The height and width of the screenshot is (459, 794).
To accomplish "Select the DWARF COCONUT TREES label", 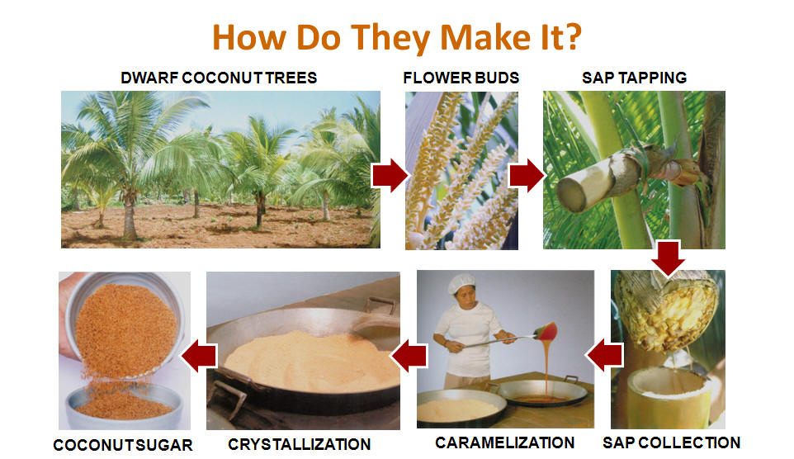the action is coord(219,78).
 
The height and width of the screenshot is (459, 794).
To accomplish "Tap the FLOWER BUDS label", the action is coord(461,78).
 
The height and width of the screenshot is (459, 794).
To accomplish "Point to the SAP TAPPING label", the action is coord(635,78).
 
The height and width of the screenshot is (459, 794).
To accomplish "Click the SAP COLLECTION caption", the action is coord(672,442).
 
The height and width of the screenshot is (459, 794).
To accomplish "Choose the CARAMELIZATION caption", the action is coord(505,442).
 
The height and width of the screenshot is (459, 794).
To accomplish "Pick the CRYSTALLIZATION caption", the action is coord(300,444).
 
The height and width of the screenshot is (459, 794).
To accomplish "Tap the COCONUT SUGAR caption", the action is coord(123,445).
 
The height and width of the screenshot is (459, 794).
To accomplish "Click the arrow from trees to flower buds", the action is coord(390,175).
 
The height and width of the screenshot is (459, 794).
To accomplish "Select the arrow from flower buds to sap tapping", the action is coord(527,175).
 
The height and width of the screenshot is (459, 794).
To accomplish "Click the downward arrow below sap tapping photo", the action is coord(668,258).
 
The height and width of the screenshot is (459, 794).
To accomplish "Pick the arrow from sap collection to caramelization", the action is coord(605,355).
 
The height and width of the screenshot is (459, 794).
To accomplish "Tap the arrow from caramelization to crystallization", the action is coord(409,356).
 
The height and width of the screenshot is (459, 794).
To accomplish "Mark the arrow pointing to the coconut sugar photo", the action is coord(200,356).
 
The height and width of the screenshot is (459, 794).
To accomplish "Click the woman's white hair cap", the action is coord(461,282).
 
